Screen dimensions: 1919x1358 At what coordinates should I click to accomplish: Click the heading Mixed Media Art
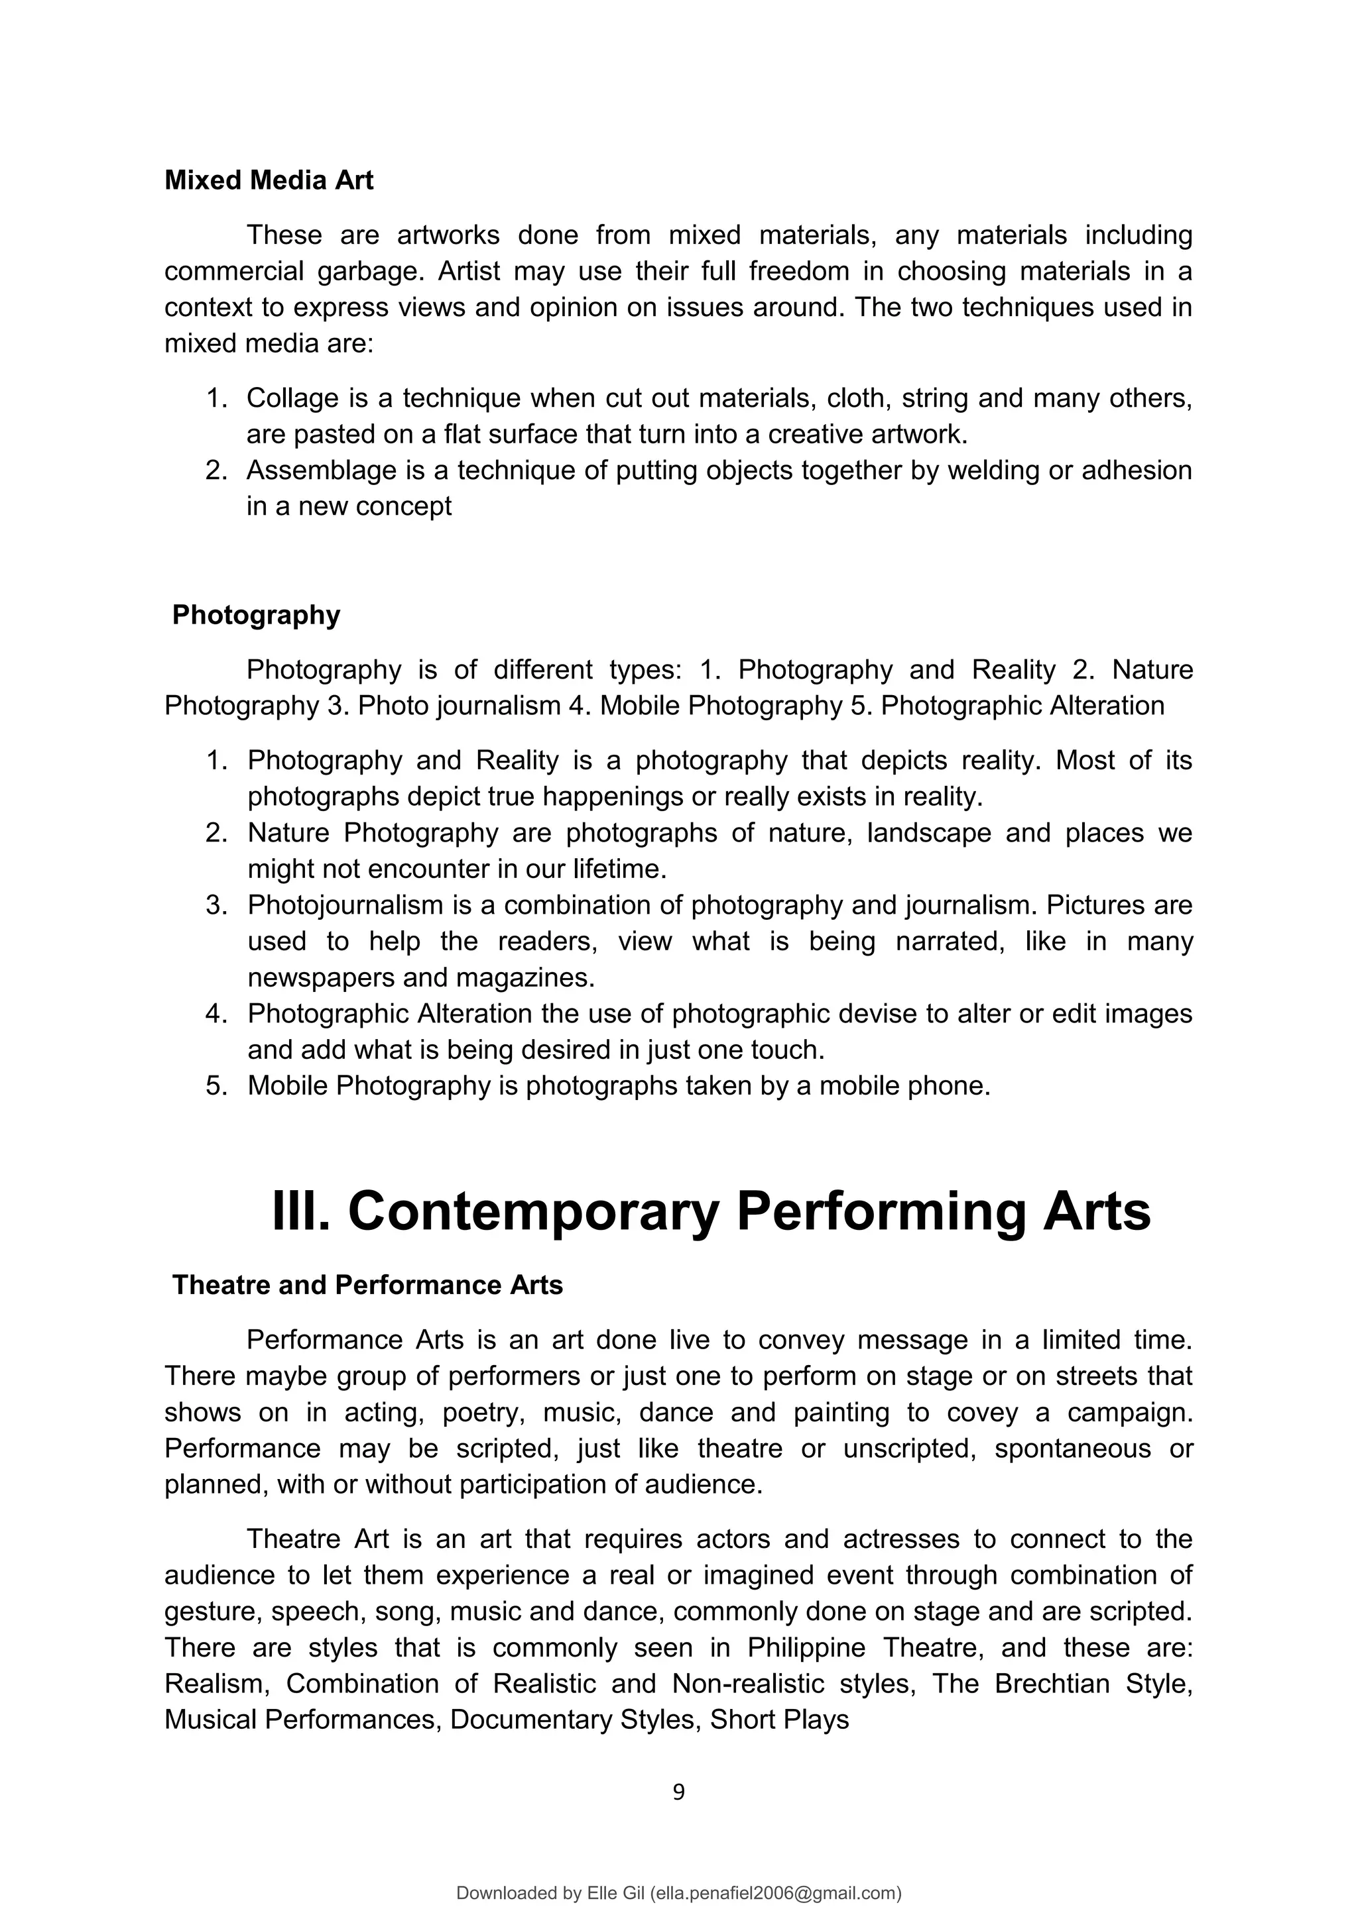pos(269,180)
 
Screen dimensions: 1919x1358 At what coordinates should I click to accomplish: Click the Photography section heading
pos(256,614)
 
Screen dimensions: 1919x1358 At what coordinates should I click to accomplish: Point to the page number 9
pos(678,1791)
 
